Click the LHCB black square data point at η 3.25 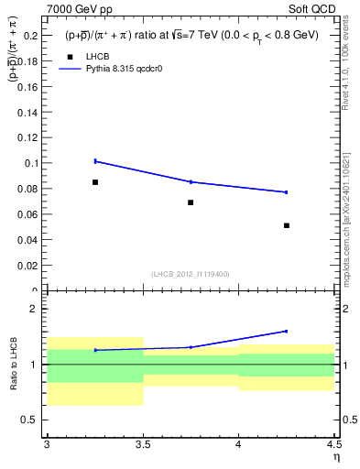[x=95, y=182]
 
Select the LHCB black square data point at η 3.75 [x=191, y=202]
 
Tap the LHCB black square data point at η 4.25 [x=287, y=225]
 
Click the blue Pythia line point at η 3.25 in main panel [x=95, y=161]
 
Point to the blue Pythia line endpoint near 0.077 [x=287, y=192]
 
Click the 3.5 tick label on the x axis [x=142, y=445]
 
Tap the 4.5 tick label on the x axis [x=333, y=445]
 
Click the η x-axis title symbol [x=335, y=457]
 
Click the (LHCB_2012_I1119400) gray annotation [x=191, y=274]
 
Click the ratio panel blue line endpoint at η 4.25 [x=287, y=331]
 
